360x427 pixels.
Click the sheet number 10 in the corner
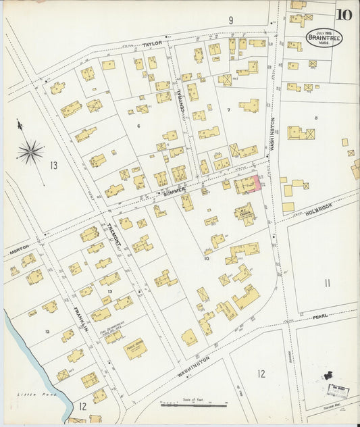(343, 14)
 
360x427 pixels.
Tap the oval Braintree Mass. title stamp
(324, 37)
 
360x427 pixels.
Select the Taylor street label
(153, 44)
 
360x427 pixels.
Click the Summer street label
(174, 192)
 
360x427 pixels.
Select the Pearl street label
(319, 316)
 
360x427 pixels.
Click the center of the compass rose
(30, 151)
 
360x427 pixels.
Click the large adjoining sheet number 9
(230, 20)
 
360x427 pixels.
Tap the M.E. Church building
(243, 212)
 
